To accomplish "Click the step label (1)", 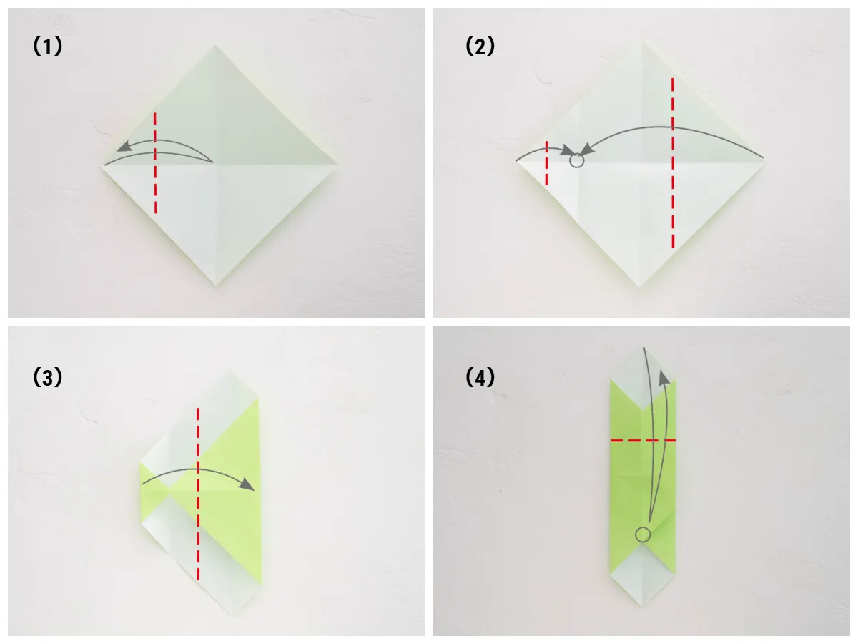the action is point(48,46).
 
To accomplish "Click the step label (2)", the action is point(480,46).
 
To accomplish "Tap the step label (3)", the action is point(48,378).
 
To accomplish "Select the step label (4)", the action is point(480,378).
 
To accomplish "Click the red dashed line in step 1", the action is point(155,162).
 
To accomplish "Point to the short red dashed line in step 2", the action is point(546,163).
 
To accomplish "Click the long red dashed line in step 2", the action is point(673,162).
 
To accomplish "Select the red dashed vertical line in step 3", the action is point(198,494).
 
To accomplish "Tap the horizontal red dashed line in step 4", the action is point(643,441).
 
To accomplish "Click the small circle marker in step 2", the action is point(576,160).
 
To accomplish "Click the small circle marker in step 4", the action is point(643,535).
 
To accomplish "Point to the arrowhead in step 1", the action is point(124,147).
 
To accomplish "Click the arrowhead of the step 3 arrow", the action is point(247,484).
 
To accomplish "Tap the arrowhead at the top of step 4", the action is point(664,378).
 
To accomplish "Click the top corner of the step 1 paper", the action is point(214,45).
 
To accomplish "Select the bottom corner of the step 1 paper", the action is point(216,286).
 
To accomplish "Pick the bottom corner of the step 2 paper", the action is point(638,287).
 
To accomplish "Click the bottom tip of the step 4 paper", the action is point(643,607).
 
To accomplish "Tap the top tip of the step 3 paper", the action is point(229,369).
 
